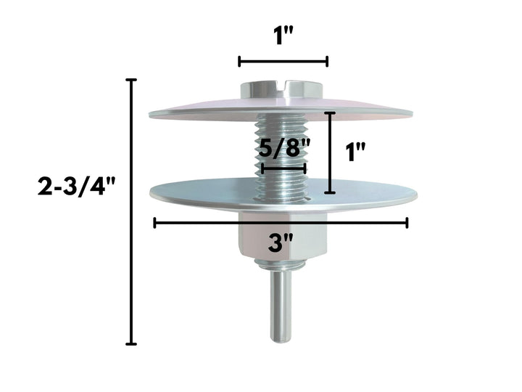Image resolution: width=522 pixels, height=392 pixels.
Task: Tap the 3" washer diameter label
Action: (276, 242)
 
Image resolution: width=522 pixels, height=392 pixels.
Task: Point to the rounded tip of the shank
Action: (283, 338)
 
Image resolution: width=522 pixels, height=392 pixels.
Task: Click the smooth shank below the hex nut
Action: (283, 305)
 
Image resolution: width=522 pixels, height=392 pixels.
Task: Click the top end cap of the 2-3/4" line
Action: (131, 79)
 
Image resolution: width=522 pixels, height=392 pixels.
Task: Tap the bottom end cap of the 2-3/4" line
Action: (131, 343)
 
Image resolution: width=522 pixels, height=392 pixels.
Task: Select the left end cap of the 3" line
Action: (154, 223)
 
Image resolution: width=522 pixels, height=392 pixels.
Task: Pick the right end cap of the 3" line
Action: (407, 223)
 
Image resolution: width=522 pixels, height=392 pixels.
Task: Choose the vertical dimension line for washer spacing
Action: (330, 152)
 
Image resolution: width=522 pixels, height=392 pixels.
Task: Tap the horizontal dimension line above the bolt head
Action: (283, 62)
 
